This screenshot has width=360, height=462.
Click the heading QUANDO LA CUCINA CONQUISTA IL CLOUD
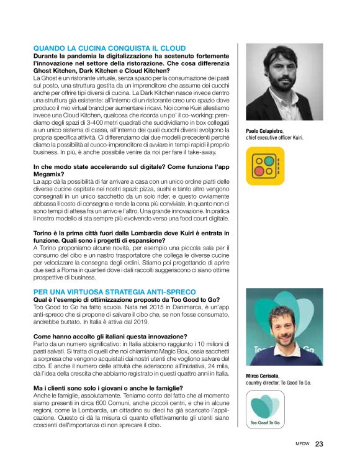(x=109, y=48)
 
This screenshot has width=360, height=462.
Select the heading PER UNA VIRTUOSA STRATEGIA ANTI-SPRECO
(x=114, y=291)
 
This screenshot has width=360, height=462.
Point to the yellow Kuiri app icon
(x=264, y=166)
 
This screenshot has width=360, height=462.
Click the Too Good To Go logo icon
(x=265, y=410)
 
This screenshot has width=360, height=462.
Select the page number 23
(x=319, y=443)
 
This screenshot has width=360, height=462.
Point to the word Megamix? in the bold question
(x=50, y=175)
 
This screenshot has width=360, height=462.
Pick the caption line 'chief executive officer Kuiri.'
(x=274, y=137)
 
